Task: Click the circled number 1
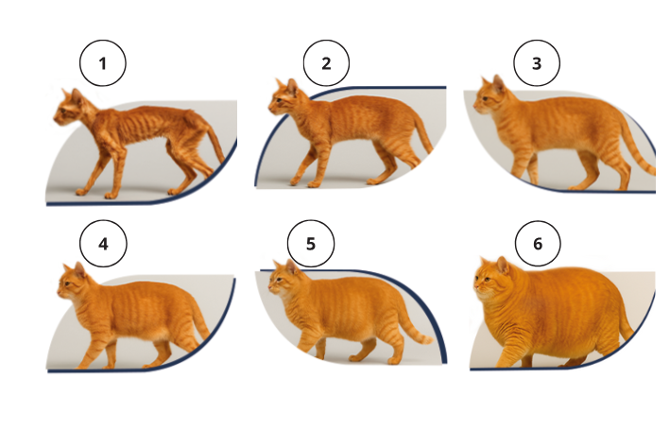point(102,64)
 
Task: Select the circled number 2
point(326,64)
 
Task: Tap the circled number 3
point(537,64)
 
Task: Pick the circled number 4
point(102,245)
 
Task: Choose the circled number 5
point(311,245)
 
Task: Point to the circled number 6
point(538,245)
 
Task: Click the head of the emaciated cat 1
point(69,107)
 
